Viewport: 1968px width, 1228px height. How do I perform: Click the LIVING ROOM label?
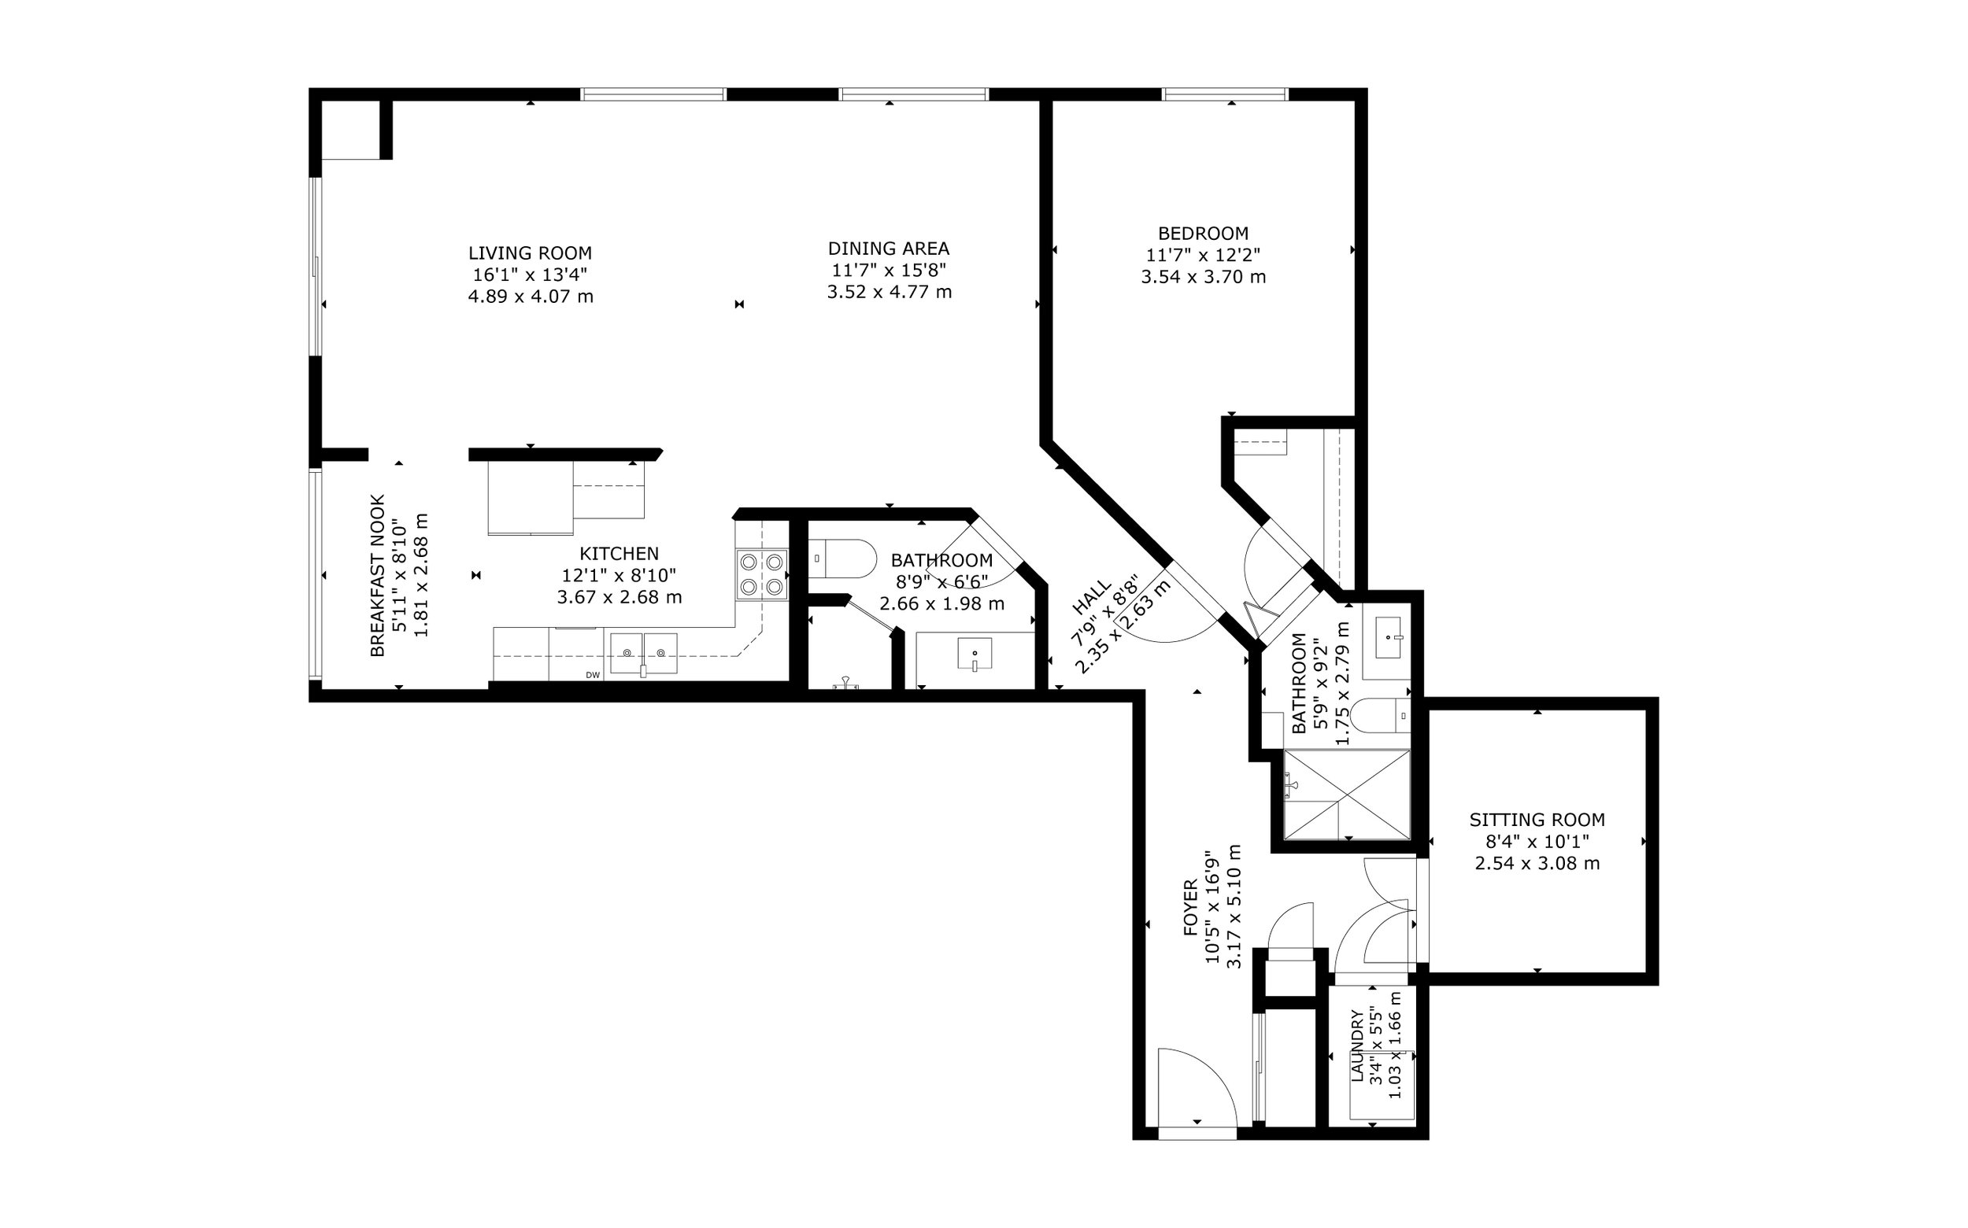click(530, 253)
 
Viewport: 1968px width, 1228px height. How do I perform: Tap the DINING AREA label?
click(889, 249)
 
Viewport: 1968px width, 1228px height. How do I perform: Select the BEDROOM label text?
click(1204, 233)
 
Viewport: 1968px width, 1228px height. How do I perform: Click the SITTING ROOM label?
click(1537, 820)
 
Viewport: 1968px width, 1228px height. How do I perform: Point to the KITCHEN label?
click(620, 554)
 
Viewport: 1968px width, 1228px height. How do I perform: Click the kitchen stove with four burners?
click(762, 574)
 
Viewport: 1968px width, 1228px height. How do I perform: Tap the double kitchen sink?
click(644, 654)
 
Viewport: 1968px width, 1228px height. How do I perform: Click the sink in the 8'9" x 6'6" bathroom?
click(975, 654)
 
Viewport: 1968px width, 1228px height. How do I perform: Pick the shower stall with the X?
click(1347, 795)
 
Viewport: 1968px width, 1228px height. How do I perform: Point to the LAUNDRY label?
click(1357, 1046)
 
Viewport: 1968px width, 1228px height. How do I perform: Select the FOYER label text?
click(1190, 907)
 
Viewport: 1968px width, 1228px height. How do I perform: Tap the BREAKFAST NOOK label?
click(377, 575)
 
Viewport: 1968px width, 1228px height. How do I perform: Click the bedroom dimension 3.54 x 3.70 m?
click(1204, 277)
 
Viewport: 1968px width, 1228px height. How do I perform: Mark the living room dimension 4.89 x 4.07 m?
click(530, 297)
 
